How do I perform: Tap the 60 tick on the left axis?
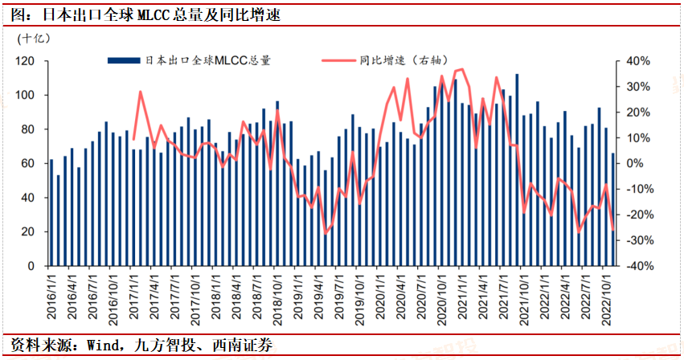pyautogui.click(x=28, y=163)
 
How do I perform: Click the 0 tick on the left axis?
pyautogui.click(x=31, y=266)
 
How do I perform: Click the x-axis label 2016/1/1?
pyautogui.click(x=52, y=296)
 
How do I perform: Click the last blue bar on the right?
pyautogui.click(x=613, y=209)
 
